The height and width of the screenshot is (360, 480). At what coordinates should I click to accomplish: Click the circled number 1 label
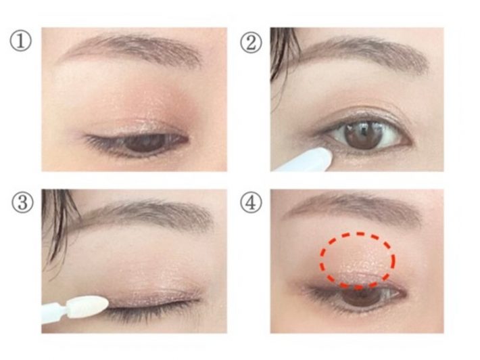(x=20, y=42)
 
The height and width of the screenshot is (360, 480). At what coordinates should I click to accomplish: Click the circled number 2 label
(x=251, y=43)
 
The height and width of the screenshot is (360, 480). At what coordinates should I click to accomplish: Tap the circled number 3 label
(x=22, y=203)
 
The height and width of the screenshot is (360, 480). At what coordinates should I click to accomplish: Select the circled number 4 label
(x=251, y=202)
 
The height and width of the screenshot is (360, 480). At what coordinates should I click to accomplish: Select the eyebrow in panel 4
(x=355, y=208)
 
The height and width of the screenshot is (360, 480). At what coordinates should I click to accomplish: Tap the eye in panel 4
(x=355, y=295)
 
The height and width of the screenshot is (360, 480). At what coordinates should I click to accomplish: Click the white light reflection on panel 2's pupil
(x=364, y=129)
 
